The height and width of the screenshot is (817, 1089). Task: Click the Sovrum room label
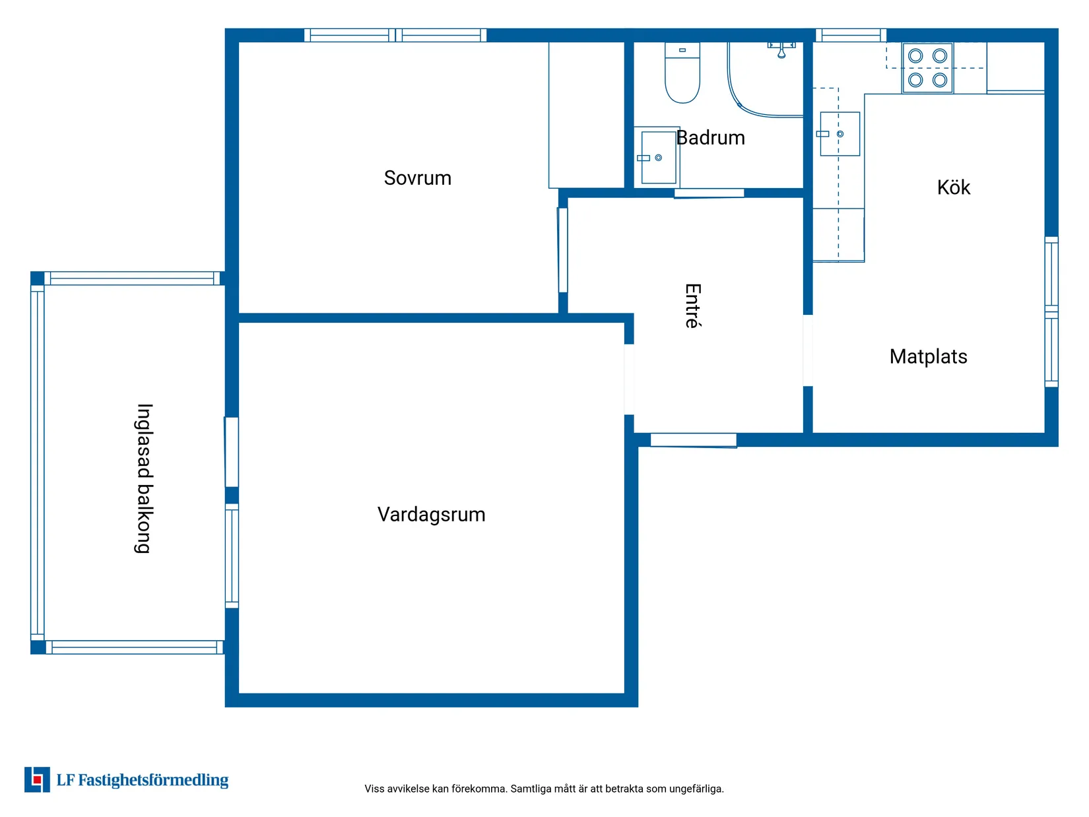point(417,178)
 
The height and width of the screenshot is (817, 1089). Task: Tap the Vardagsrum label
point(431,515)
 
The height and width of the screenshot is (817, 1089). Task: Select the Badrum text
point(710,137)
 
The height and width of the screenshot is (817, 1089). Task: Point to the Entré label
point(693,306)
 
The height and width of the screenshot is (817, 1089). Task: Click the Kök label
point(953,187)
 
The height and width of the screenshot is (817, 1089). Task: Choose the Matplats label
point(928,356)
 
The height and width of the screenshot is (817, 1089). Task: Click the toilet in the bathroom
point(682,73)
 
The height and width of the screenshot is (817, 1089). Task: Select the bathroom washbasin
point(658,157)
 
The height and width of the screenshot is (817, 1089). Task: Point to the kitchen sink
point(840,134)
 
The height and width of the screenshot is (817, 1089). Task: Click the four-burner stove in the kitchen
point(927,68)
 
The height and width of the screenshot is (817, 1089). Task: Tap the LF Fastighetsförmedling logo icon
point(37,779)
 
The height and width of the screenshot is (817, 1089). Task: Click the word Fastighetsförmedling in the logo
point(153,780)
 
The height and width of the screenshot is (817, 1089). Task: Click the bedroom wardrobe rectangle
point(586,115)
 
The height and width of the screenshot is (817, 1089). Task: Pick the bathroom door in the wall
point(708,193)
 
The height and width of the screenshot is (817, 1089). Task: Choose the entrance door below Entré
point(693,440)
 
